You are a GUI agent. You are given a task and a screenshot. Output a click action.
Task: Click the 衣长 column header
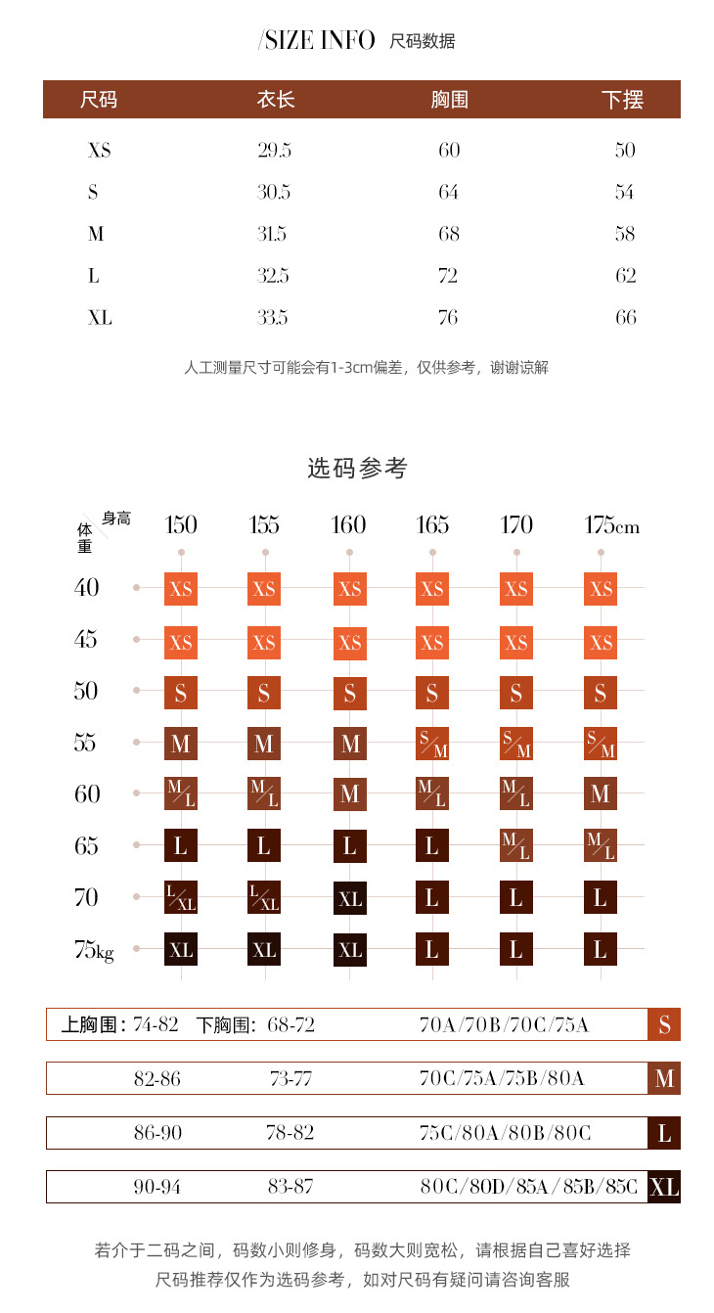[276, 100]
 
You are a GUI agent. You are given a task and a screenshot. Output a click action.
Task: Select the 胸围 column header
[449, 100]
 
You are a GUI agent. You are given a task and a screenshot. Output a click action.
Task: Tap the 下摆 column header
[623, 100]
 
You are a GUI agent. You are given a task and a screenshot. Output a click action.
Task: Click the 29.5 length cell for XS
[274, 150]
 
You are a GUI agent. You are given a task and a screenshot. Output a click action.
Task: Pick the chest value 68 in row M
[449, 234]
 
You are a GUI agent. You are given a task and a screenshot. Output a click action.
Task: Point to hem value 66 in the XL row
[626, 317]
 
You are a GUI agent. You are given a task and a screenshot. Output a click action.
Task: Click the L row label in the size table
[94, 276]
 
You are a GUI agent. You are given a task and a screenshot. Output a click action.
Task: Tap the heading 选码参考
[357, 469]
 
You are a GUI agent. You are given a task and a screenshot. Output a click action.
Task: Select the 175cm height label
[611, 525]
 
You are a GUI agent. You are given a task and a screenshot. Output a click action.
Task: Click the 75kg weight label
[94, 949]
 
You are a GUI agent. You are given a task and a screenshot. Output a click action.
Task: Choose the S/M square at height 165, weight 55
[432, 744]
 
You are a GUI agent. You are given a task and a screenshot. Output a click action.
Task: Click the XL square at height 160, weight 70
[349, 898]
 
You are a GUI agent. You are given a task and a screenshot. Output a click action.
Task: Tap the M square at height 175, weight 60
[601, 793]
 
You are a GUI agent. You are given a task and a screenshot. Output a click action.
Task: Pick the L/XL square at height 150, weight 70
[181, 898]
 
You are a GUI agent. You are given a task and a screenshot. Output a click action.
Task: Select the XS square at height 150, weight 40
[181, 589]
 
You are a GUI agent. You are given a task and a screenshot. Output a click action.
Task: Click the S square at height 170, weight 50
[516, 693]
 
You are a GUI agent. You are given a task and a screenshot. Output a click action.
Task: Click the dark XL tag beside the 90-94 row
[664, 1188]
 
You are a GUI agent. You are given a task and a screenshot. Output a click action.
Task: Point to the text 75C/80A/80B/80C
[505, 1133]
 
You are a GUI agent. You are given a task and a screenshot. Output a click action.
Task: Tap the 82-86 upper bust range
[157, 1078]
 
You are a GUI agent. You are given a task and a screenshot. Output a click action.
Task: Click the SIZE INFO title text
[317, 40]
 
